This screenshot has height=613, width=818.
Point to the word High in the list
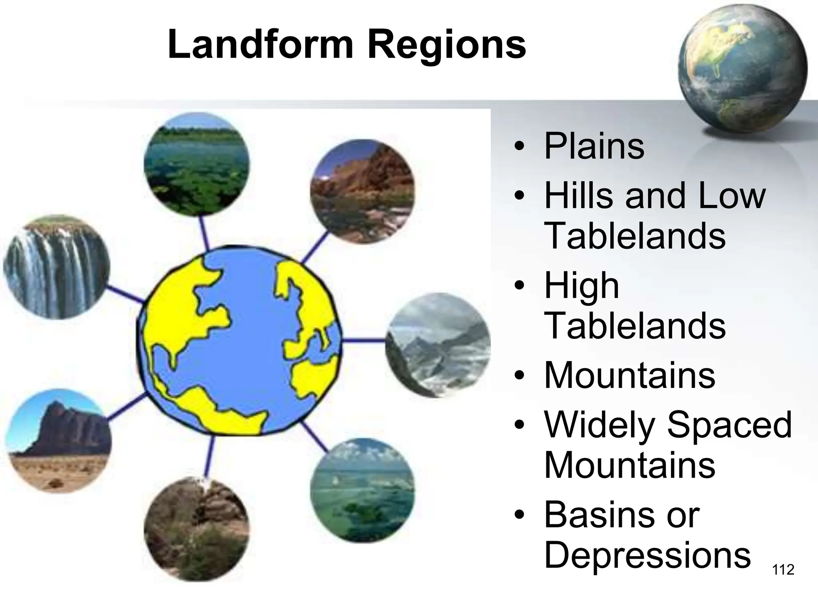tap(582, 285)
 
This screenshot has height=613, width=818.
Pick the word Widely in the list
tap(600, 425)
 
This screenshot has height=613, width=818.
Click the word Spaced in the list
tap(729, 425)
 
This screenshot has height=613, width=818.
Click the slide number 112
tap(783, 569)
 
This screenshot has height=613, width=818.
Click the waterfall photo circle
tap(56, 267)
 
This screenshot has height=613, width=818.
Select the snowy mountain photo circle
tap(438, 345)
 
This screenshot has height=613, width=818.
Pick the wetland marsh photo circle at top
tap(197, 164)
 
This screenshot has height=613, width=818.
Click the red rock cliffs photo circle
tap(362, 191)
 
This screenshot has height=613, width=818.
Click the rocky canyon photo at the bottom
tap(197, 528)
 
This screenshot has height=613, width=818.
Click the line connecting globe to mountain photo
tap(363, 340)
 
